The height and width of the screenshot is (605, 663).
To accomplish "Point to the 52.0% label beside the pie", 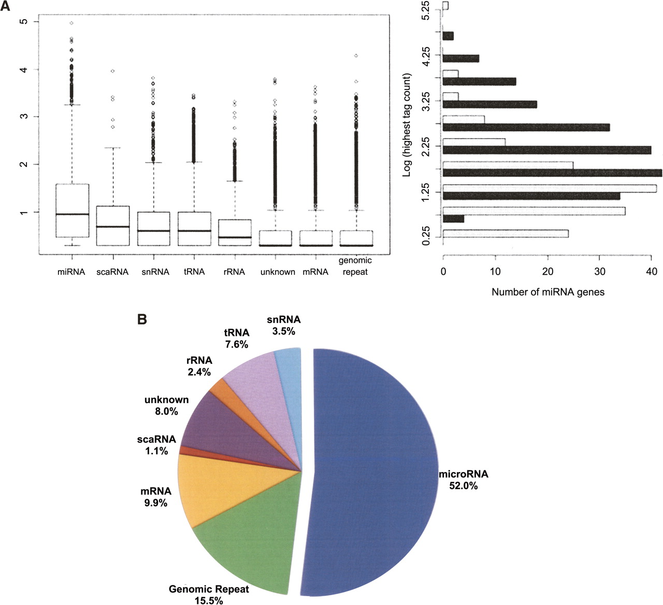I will point(463,486).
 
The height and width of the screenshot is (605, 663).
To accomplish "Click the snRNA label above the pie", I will point(283,320).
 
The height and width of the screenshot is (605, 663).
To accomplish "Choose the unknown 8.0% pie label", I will point(166,406).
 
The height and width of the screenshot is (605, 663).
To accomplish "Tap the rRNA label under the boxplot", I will point(234,272).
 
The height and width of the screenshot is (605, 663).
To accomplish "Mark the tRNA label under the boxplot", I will point(194,272).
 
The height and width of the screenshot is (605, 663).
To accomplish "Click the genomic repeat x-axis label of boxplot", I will point(355,266).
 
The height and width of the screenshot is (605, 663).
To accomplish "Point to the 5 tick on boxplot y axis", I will point(22,21).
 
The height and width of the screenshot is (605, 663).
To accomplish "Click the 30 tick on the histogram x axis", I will point(599,271).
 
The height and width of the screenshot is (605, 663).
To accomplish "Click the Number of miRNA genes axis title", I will point(547,292).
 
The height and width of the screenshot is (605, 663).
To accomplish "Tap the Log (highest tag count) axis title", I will point(407,124).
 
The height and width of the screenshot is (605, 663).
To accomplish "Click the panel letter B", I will point(142,319).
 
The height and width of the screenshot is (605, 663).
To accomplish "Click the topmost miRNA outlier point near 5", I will point(71,23).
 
